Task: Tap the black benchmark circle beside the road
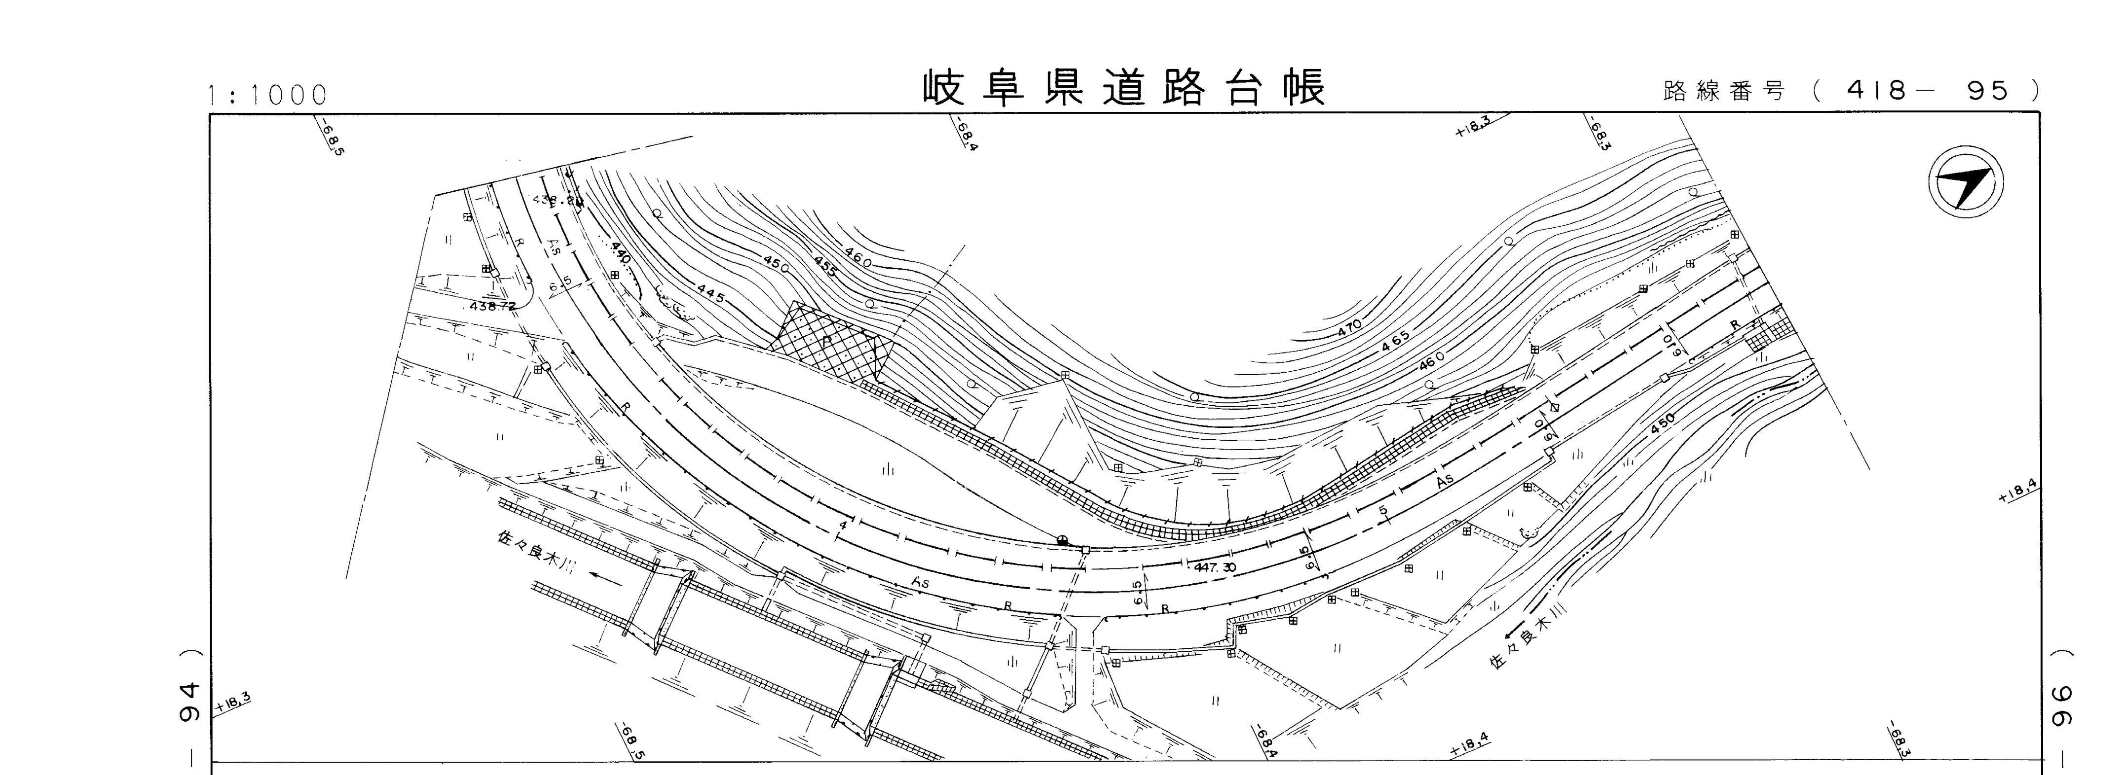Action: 1062,540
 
